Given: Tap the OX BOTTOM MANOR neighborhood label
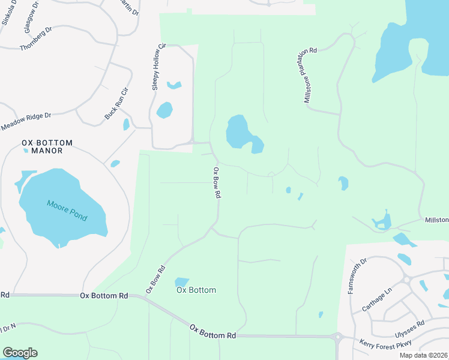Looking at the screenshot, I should (47, 146).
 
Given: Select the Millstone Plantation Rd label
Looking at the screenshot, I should (310, 76).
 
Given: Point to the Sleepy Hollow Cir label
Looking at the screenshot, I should (158, 67).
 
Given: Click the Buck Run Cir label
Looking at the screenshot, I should (117, 103).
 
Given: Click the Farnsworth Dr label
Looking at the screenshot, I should (357, 275).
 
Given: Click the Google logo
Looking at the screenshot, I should (20, 353).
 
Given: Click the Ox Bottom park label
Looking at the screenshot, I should (196, 290).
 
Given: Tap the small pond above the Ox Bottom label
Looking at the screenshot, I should (182, 281).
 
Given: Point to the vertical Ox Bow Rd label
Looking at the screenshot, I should (217, 183).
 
